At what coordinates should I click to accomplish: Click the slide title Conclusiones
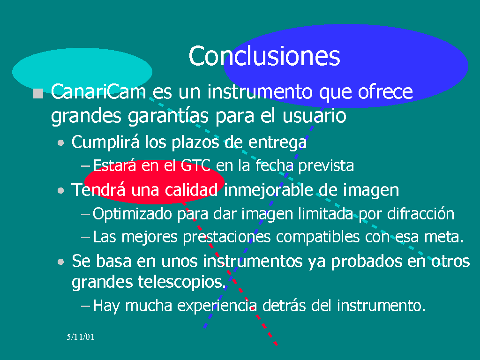(264, 56)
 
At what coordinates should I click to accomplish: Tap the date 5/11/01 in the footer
(81, 337)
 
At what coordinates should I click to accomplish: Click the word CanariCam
(98, 91)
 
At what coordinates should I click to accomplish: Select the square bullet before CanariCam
(38, 93)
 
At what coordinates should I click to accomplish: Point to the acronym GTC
(195, 165)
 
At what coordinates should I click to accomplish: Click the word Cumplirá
(105, 142)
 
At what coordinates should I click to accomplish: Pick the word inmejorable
(269, 190)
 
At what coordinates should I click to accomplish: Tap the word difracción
(420, 213)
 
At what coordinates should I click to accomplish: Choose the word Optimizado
(132, 214)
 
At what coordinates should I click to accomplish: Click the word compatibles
(318, 237)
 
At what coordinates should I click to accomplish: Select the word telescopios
(182, 282)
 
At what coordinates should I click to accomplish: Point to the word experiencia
(217, 306)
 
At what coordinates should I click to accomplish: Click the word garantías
(168, 116)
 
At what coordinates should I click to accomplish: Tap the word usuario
(314, 116)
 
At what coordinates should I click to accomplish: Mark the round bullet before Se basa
(61, 262)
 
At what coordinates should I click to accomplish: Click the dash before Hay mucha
(85, 306)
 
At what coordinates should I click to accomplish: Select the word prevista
(326, 165)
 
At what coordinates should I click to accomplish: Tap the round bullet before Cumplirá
(61, 142)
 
